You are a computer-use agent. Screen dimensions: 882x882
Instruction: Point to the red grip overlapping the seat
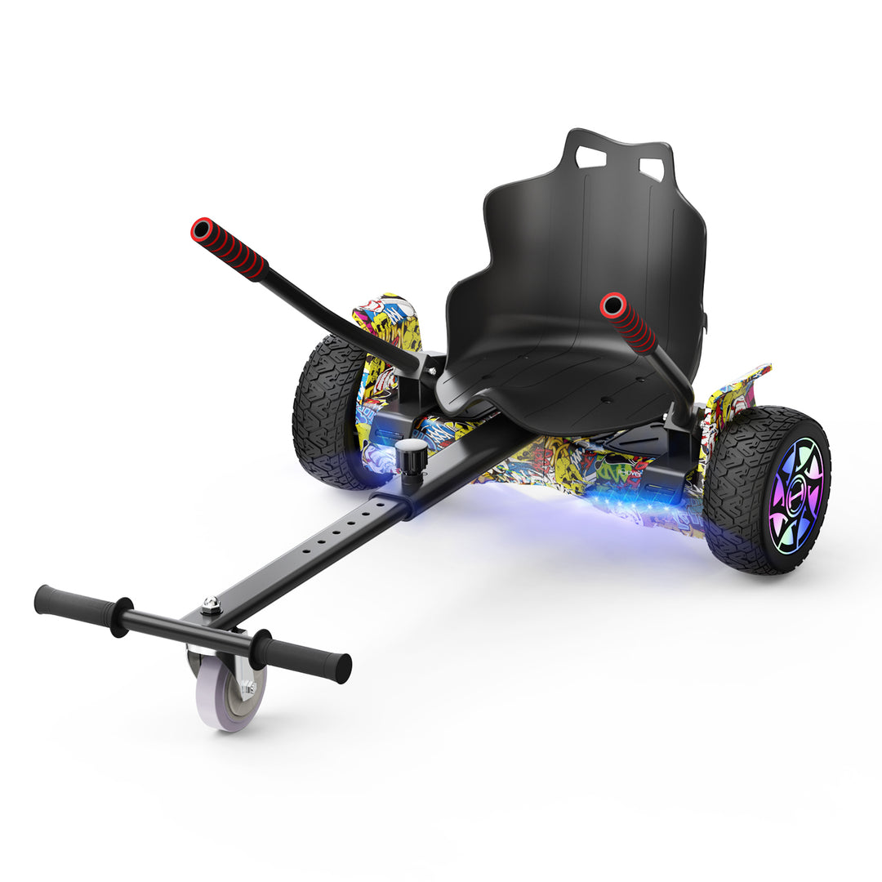click(628, 322)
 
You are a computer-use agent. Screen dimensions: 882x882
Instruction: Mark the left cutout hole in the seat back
click(590, 158)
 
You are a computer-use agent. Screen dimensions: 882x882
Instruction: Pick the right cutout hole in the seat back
click(651, 169)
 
